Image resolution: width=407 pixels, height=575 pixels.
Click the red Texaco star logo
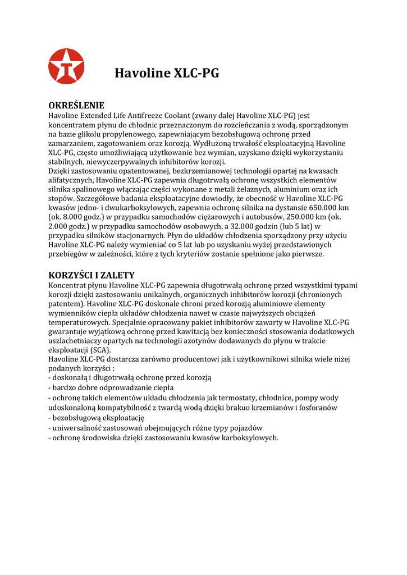pos(66,66)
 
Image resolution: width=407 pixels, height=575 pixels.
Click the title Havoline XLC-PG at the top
pos(167,74)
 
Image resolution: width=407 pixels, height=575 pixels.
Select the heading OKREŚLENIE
pos(76,105)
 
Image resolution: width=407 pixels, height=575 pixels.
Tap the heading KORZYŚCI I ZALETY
pos(92,275)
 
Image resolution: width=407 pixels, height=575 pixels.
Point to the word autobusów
pos(260,217)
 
